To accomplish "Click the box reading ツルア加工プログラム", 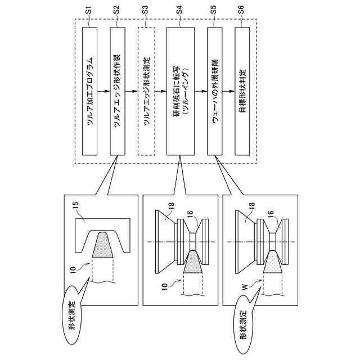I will click(x=90, y=91).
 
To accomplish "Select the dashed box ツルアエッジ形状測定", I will click(x=146, y=91).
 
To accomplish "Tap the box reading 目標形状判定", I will click(x=242, y=91).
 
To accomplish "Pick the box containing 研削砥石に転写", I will click(x=179, y=91).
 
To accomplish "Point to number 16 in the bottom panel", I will click(x=269, y=214).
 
